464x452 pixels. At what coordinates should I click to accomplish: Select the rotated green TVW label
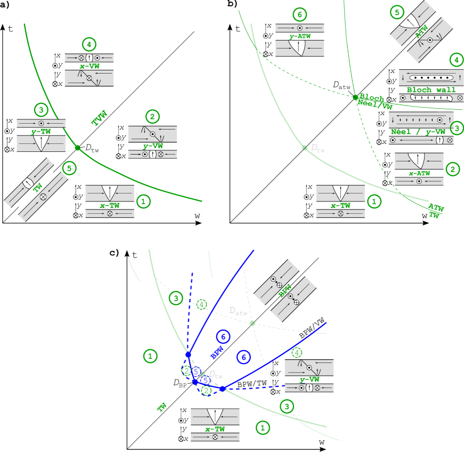coord(99,118)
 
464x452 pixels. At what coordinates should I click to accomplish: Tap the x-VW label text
coord(89,67)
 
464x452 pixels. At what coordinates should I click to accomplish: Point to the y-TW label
coord(41,131)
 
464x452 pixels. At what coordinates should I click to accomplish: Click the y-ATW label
coord(300,37)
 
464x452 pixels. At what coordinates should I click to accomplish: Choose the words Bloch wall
coord(431,90)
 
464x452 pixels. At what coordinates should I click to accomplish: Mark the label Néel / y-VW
coord(418,132)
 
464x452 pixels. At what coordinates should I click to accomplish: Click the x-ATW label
coord(419,173)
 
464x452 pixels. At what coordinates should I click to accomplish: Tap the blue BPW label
coord(216,352)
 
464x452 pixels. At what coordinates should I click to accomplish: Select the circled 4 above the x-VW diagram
coord(89,44)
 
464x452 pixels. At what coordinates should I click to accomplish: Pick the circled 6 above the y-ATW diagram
coord(300,14)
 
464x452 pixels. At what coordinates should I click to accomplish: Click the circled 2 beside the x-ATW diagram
coord(452,170)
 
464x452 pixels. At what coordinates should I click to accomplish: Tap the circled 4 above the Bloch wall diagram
coord(456,59)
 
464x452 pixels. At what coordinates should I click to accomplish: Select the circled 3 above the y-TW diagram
coord(42,110)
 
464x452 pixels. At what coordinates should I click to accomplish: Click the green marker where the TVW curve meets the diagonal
coord(77,148)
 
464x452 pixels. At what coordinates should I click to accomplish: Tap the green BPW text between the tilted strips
coord(284,291)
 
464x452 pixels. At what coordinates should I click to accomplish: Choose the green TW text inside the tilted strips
coord(38,188)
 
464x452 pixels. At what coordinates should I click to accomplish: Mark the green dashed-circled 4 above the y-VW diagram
coord(297,353)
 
